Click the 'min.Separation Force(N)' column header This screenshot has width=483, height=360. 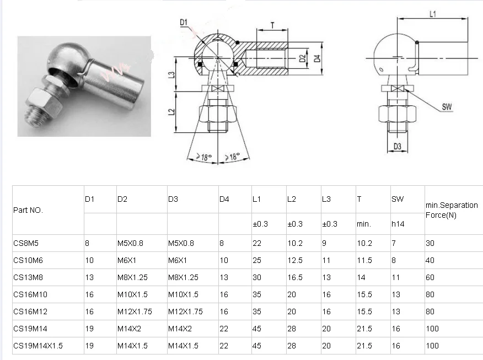coord(451,210)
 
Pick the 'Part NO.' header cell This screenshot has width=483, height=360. coord(28,210)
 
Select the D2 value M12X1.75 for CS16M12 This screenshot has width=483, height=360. coord(134,311)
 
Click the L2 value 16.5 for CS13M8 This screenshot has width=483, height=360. coord(295,277)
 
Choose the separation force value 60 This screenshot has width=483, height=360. coord(430,277)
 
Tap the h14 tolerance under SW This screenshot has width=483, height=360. coord(398,224)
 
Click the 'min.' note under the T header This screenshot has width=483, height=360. coord(363,224)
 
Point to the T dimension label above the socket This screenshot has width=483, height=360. coord(272,25)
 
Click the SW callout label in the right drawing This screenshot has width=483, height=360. coord(447,108)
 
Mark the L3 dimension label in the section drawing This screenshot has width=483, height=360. coord(172,75)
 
